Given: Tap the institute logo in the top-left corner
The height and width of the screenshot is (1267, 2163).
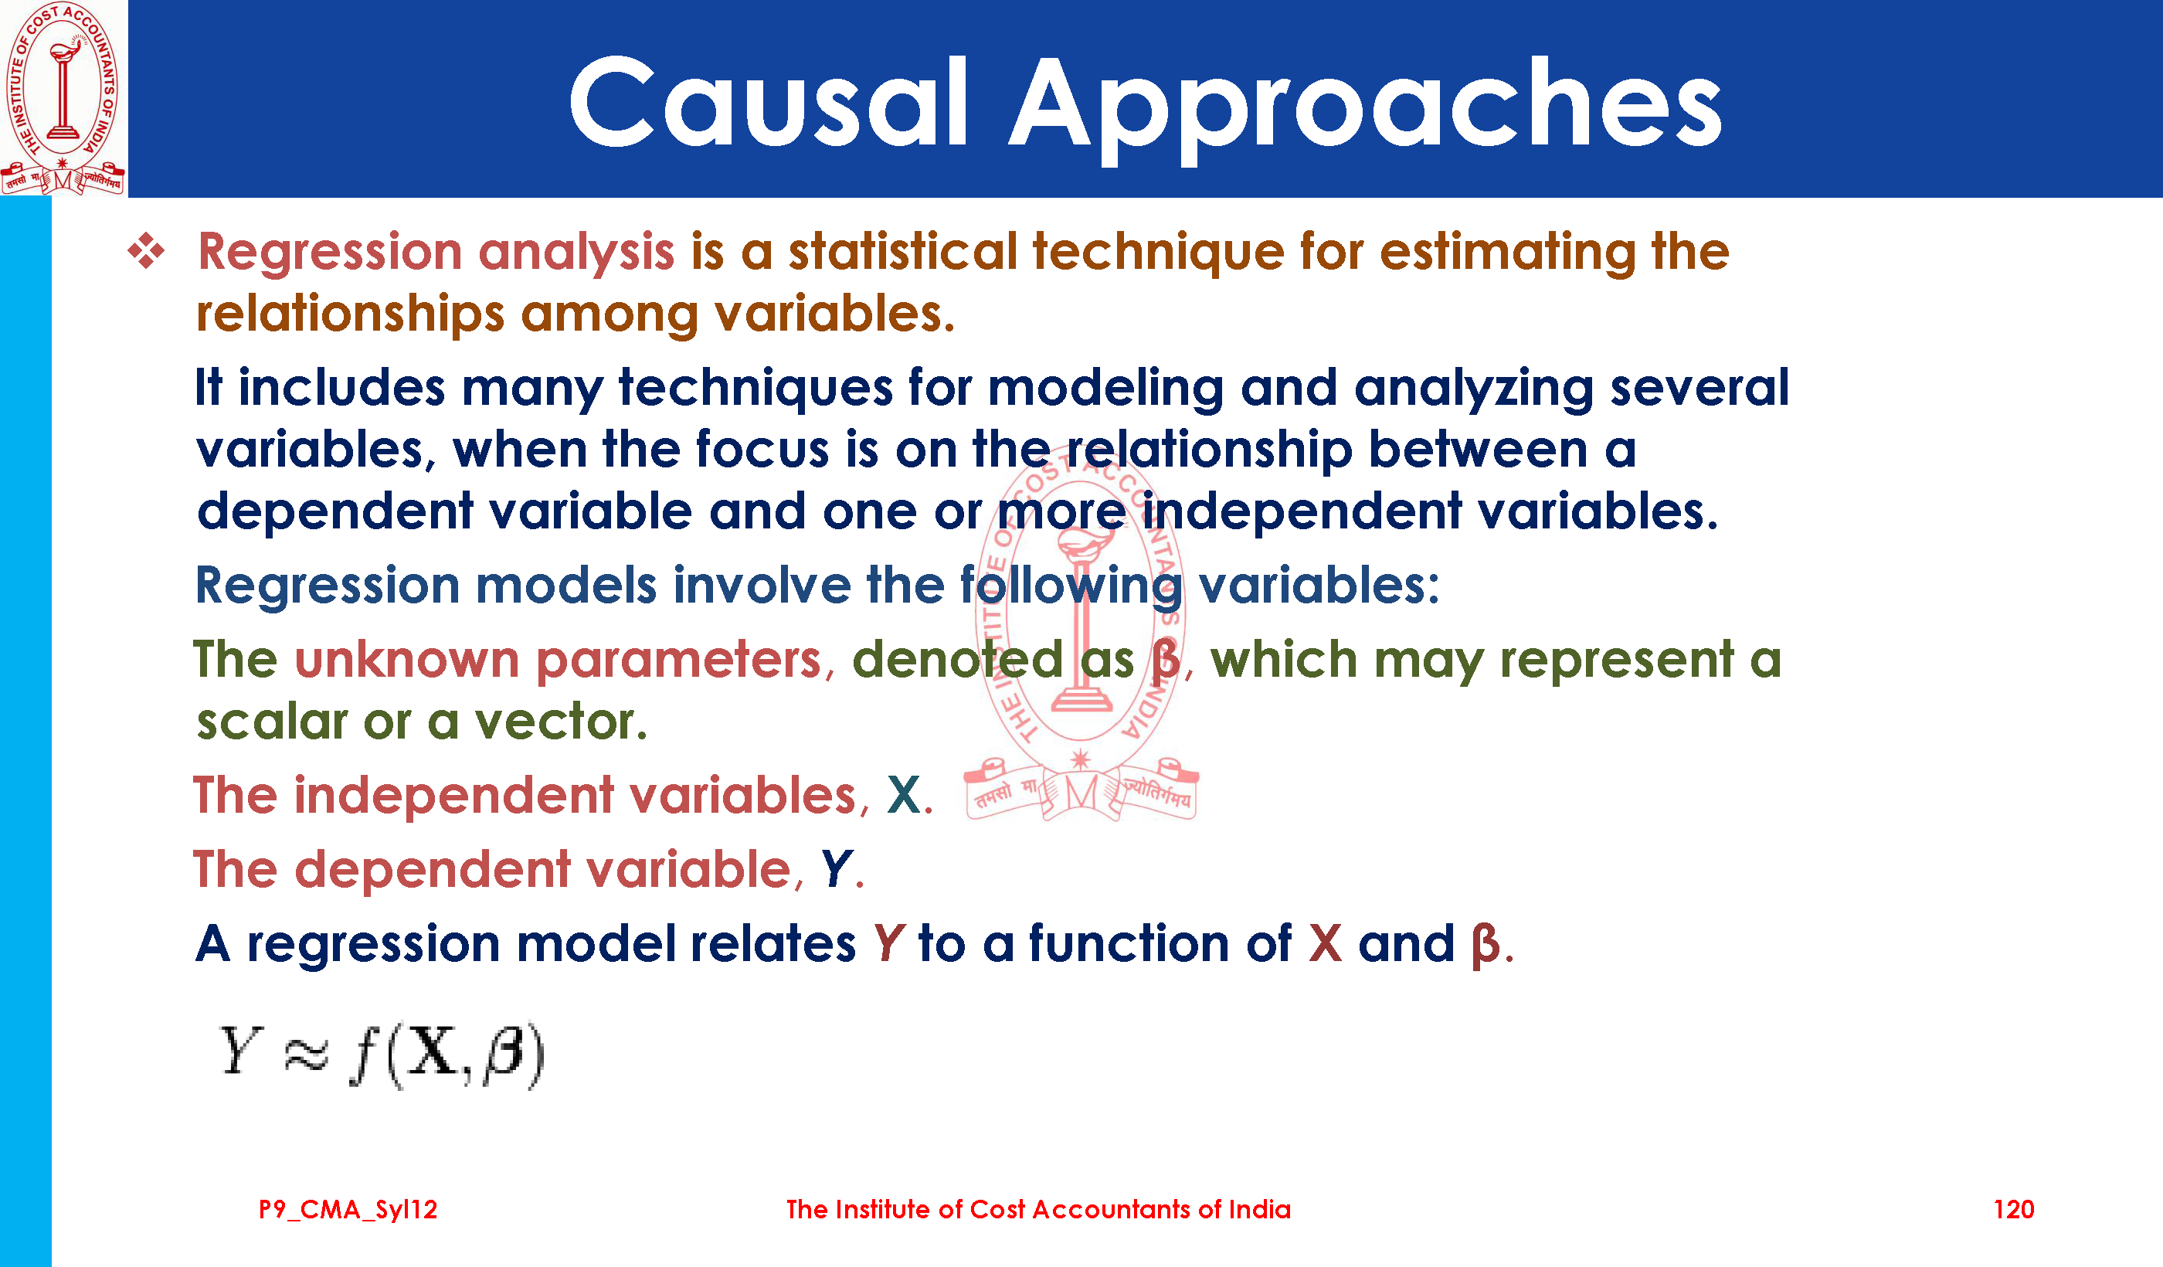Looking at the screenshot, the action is pos(64,98).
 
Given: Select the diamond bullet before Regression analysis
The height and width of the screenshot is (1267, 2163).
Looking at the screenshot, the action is pos(146,252).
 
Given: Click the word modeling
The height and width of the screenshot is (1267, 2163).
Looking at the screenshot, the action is pos(1105,388).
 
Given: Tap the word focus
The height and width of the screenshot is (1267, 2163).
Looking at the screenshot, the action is pos(762,449).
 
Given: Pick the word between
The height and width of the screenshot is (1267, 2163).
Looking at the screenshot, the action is pos(1478,449).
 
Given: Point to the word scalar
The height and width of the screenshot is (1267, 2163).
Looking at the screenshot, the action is pos(271,721).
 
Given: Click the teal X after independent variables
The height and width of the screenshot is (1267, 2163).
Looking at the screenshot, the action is pos(904,795).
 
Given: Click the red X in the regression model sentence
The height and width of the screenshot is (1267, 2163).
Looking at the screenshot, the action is pos(1326,943).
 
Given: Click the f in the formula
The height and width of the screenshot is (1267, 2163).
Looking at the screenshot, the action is pos(365,1056).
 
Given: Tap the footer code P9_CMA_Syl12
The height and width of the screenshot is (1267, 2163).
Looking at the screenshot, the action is pos(348,1210).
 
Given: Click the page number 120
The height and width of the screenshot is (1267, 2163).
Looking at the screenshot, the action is pos(2014,1210).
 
